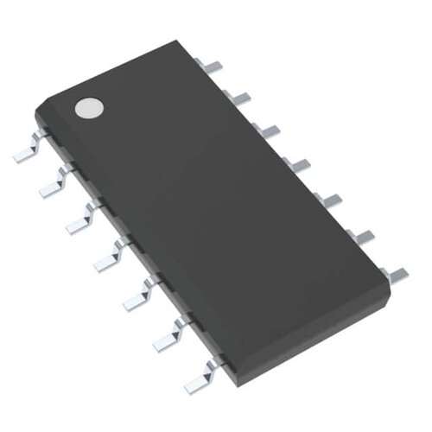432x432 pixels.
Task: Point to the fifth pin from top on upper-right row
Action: click(327, 200)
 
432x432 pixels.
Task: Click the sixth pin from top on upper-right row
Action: click(359, 235)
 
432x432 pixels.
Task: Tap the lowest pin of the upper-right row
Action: click(393, 275)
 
